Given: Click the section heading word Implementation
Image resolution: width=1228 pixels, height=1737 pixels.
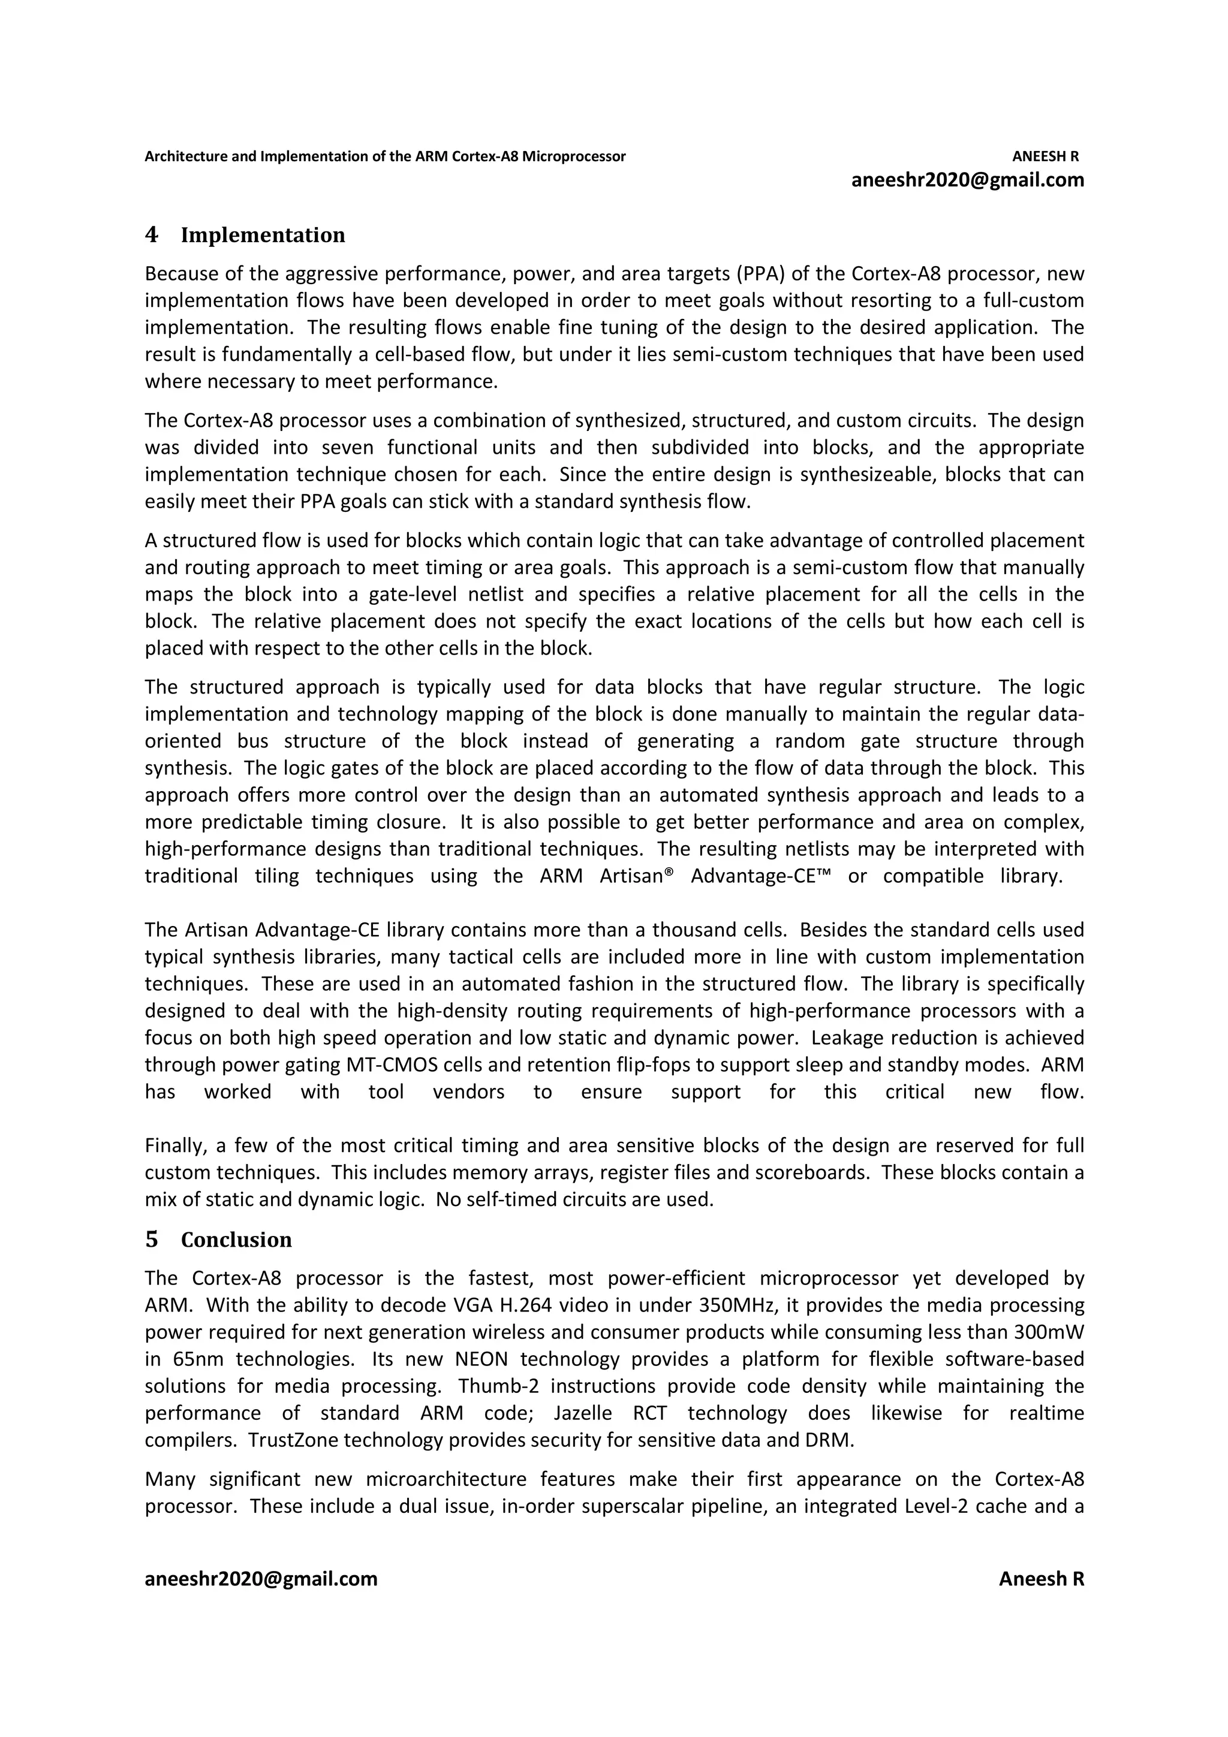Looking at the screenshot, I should point(263,236).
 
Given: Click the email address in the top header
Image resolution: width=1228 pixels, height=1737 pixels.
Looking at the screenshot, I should point(968,180).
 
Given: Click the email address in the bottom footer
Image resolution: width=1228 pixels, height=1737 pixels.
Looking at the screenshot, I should point(261,1579).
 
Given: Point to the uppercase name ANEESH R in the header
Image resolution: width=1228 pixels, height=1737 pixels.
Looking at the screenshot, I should point(1045,156).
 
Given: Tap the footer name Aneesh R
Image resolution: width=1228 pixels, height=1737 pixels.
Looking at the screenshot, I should point(1041,1579).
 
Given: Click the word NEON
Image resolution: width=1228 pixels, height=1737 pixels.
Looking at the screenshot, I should point(481,1359).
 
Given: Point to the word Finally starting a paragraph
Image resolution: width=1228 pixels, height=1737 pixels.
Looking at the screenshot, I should point(174,1146).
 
